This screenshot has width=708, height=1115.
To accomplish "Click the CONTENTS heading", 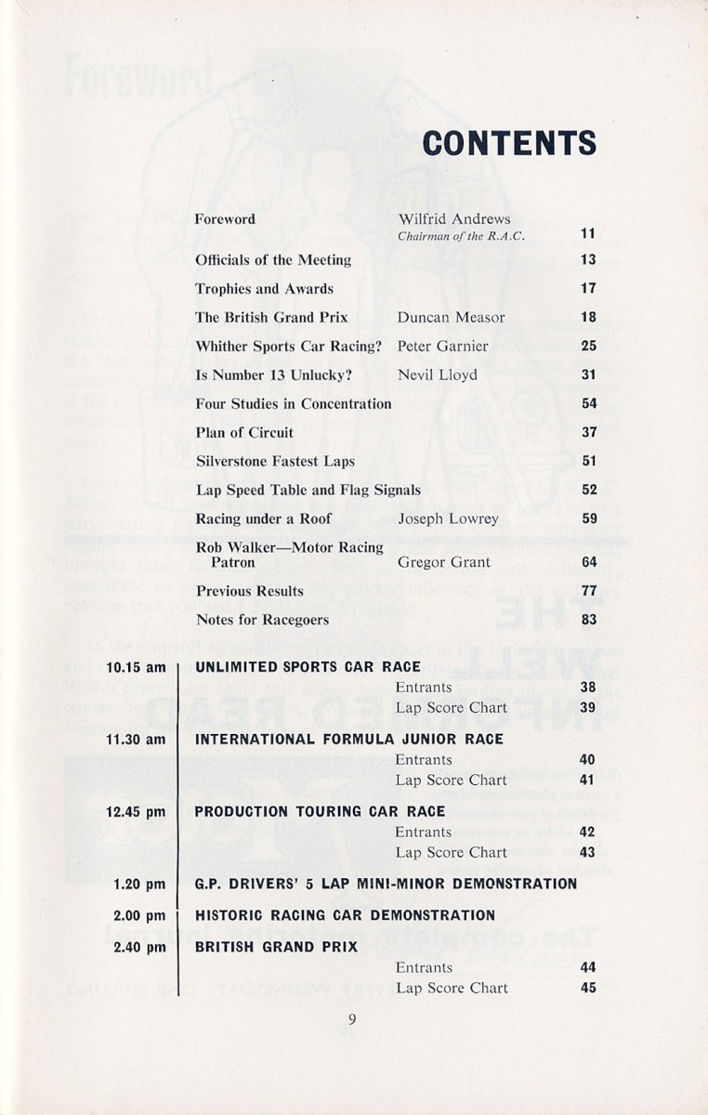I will [509, 142].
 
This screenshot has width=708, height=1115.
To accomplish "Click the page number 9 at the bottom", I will [352, 1018].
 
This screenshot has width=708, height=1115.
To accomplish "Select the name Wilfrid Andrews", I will [454, 219].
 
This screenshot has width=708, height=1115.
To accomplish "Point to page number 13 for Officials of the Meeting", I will [588, 260].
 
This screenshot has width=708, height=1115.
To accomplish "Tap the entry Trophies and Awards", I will [264, 289].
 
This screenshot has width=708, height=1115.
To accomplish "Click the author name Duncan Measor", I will [451, 318].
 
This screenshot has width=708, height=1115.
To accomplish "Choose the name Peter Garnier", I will [442, 347].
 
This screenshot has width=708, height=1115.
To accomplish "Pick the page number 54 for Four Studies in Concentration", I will [588, 404].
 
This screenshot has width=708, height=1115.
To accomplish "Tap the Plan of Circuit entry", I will [244, 433].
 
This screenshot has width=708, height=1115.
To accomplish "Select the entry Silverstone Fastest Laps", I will [275, 462].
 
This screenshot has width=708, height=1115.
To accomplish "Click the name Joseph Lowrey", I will [448, 519].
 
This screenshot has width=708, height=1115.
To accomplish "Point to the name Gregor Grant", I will [444, 563].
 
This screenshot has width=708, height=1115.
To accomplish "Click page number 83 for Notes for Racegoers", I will [588, 621].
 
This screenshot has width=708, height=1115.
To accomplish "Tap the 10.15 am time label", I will [136, 667].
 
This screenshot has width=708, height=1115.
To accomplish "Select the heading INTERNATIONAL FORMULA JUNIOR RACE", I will [348, 740].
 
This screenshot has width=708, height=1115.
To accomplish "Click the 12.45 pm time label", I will [136, 812].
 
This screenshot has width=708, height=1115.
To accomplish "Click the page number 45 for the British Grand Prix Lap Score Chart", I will [588, 989].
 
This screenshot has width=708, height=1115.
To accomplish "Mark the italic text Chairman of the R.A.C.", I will [461, 237].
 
